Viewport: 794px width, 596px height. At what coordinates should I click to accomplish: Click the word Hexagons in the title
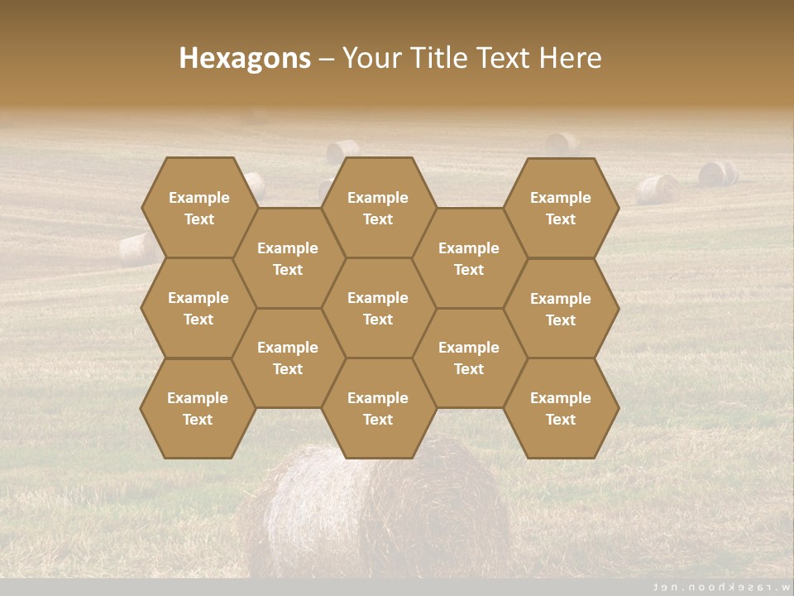coord(245,58)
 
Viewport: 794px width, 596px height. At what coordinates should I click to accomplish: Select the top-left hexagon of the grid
coord(198,208)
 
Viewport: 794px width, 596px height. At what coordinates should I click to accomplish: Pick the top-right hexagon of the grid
coord(561,208)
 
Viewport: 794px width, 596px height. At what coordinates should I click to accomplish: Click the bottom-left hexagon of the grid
coord(198,408)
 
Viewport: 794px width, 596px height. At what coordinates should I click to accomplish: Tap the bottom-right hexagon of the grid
coord(561,408)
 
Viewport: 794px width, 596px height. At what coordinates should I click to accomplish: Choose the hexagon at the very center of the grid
coord(378,308)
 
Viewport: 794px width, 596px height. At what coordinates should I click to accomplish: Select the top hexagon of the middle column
coord(378,208)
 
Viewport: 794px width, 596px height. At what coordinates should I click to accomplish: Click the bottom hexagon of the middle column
coord(378,408)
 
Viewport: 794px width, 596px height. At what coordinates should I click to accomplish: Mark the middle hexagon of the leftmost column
coord(198,308)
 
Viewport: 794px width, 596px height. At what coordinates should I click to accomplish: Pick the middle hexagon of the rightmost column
coord(561,309)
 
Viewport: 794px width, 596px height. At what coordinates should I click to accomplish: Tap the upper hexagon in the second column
coord(288,258)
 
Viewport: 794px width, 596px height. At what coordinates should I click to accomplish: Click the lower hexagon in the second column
coord(288,358)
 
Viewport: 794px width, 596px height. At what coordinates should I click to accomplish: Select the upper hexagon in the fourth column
coord(469,258)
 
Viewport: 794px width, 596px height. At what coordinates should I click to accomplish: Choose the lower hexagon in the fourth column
coord(469,358)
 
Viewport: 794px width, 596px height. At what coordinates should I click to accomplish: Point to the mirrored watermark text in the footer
coord(719,587)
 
